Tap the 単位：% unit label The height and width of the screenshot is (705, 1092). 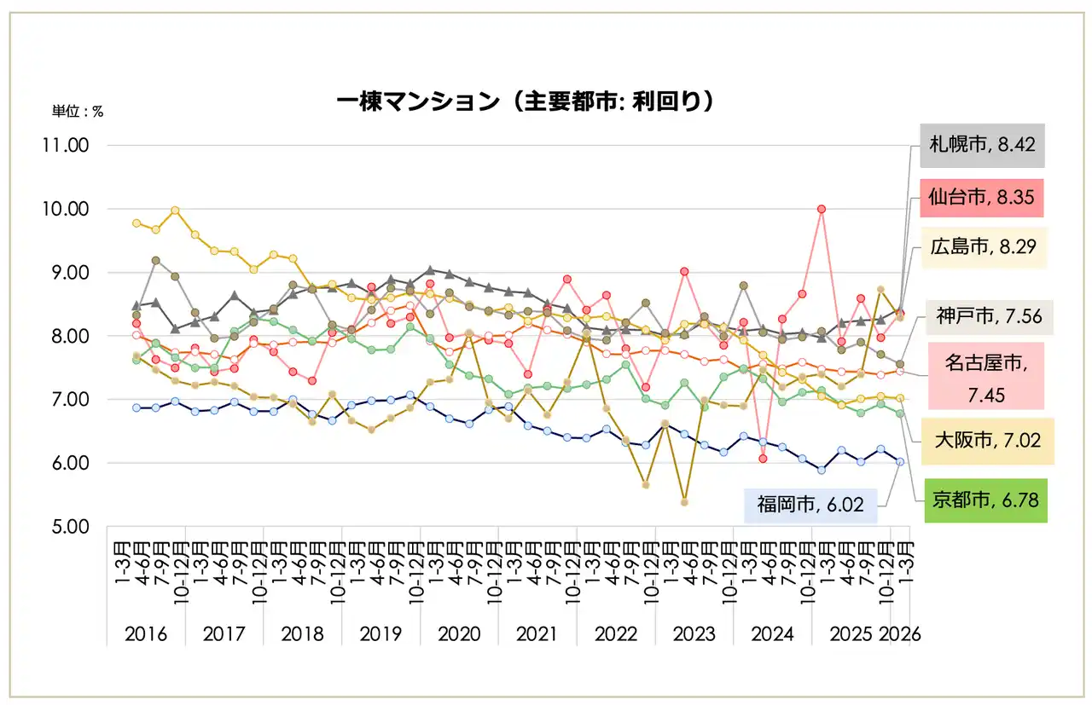point(78,112)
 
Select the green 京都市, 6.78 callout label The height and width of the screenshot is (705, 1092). point(985,500)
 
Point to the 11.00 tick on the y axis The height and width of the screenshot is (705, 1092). point(65,146)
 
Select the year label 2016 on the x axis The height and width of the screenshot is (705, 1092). point(147,634)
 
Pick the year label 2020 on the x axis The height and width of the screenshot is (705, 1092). point(459,634)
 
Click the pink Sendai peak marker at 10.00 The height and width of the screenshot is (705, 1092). point(821,209)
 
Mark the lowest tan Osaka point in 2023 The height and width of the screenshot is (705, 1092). point(684,502)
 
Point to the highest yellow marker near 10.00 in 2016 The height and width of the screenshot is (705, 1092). point(175,211)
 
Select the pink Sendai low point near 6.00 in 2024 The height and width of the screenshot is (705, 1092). point(763,459)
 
